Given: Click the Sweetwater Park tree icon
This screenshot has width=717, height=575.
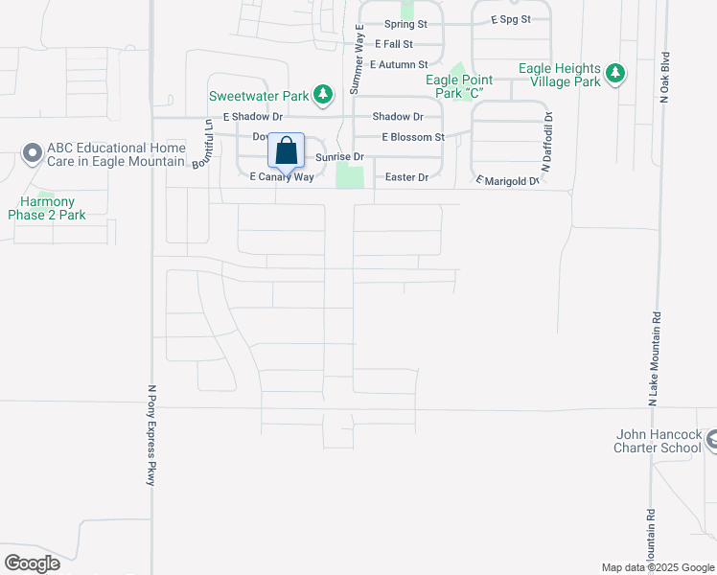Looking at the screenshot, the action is tap(324, 94).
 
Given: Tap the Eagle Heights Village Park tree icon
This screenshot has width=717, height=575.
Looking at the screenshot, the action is tap(615, 73).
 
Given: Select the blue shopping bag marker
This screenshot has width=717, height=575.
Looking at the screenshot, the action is tap(286, 151).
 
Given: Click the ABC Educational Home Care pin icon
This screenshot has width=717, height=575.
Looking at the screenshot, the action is tap(32, 153).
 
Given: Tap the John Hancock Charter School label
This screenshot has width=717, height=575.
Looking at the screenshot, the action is tap(659, 441).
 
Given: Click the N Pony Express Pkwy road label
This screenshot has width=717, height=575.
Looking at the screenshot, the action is tap(150, 435).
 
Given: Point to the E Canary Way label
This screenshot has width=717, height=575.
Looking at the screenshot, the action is tap(282, 177).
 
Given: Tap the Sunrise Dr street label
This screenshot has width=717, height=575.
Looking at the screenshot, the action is tap(340, 156).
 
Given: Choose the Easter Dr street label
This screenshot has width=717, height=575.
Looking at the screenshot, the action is tap(405, 177).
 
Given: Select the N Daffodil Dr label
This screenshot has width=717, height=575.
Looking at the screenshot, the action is tap(547, 143).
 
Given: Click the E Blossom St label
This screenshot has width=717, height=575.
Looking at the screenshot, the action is tap(412, 137).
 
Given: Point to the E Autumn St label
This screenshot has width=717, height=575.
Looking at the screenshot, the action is tap(398, 64).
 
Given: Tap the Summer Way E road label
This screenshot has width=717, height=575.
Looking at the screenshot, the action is tap(356, 58).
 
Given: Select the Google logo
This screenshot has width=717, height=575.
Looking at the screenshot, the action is tap(32, 563).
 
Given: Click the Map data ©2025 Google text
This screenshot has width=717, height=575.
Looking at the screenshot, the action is tap(657, 567).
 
